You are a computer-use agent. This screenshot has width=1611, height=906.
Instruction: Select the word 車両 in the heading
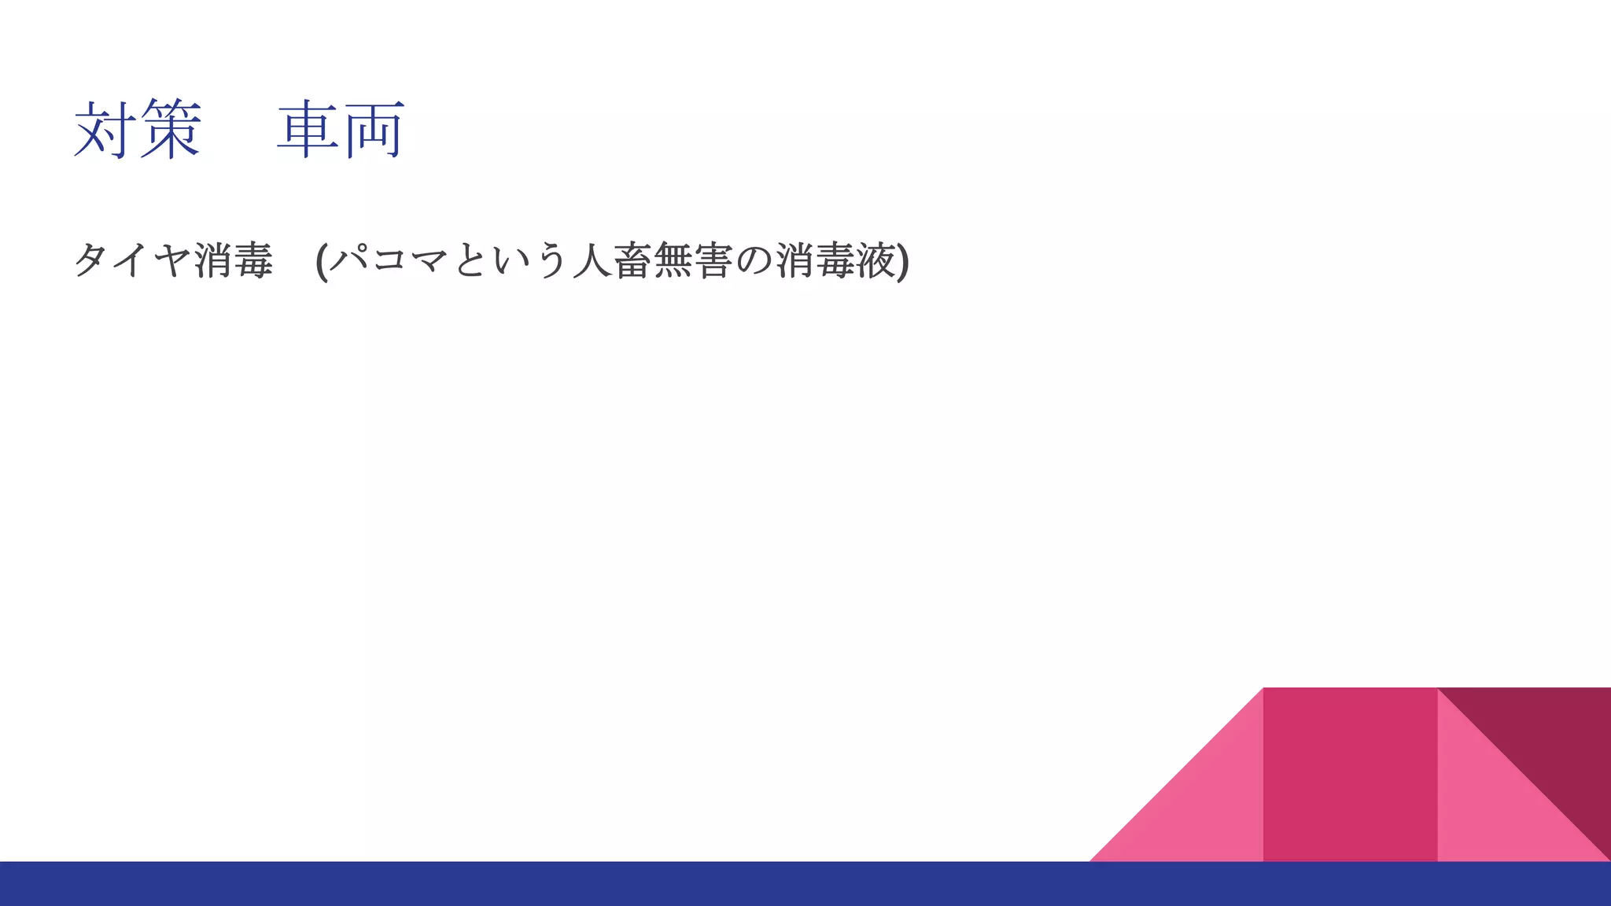coord(341,130)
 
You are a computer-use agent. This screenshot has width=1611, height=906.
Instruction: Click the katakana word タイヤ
coord(132,260)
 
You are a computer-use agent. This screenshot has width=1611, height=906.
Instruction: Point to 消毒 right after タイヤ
coord(234,260)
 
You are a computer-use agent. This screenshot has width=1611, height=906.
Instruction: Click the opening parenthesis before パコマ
coord(321,261)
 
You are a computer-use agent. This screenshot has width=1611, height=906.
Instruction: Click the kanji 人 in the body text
coord(592,260)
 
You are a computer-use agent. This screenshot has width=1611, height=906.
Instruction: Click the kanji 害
coord(714,260)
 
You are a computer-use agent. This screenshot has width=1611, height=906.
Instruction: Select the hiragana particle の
coord(755,260)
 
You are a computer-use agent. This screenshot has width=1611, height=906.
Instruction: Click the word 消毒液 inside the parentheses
coord(836,260)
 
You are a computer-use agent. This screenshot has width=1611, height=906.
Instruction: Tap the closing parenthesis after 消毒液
coord(903,261)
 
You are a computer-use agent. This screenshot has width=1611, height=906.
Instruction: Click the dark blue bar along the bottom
coord(551,884)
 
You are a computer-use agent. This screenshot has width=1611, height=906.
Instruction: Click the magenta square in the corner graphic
coord(1350,775)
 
